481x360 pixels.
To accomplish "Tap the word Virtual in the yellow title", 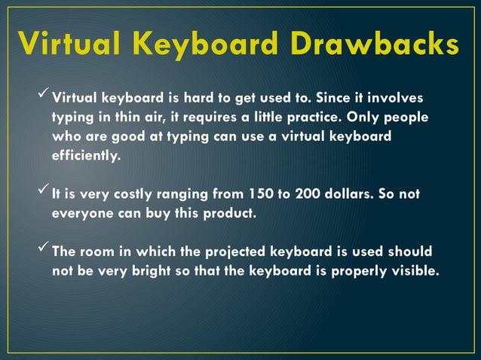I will click(69, 44).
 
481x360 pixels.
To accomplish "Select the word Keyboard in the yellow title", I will click(199, 44).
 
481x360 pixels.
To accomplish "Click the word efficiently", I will click(85, 157).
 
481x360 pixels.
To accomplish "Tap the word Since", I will click(332, 98).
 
